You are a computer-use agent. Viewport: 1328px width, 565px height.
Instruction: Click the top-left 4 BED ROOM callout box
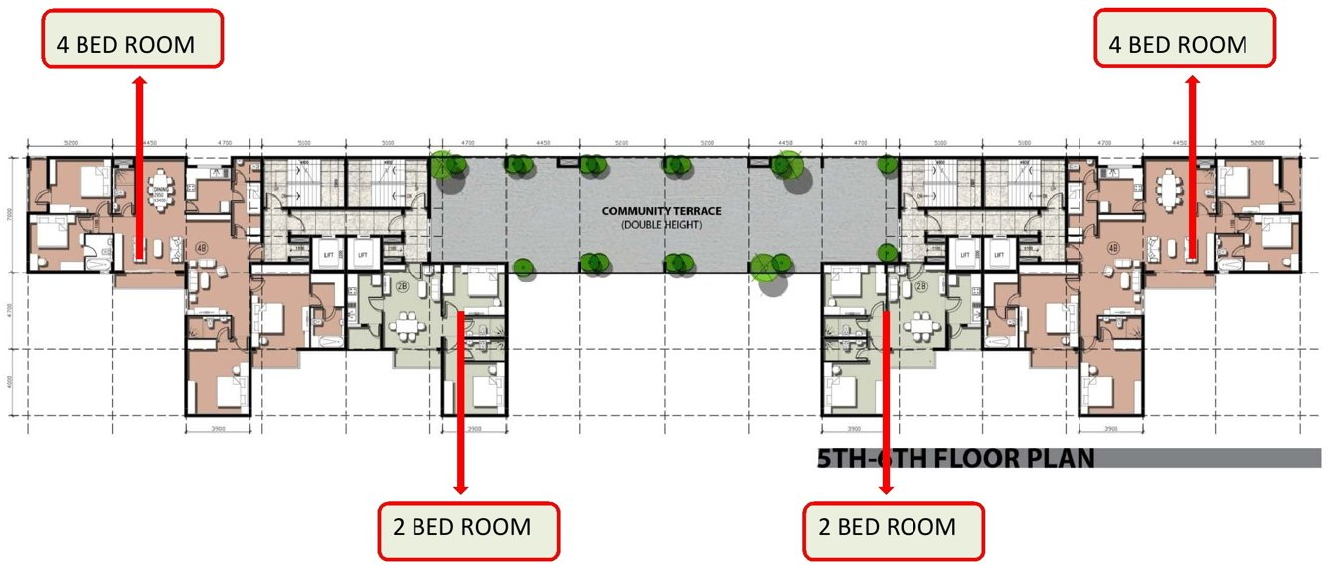[131, 39]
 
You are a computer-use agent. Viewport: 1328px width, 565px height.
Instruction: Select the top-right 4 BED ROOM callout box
[1184, 39]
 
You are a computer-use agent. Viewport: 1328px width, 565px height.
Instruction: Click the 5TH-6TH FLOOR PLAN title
[955, 459]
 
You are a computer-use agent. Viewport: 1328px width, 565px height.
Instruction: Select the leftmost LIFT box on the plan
[327, 256]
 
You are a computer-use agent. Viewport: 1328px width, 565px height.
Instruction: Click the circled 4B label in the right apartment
[1113, 248]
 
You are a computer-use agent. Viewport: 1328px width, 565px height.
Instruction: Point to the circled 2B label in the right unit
[921, 286]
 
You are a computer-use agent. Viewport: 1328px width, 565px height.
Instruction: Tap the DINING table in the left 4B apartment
[159, 192]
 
